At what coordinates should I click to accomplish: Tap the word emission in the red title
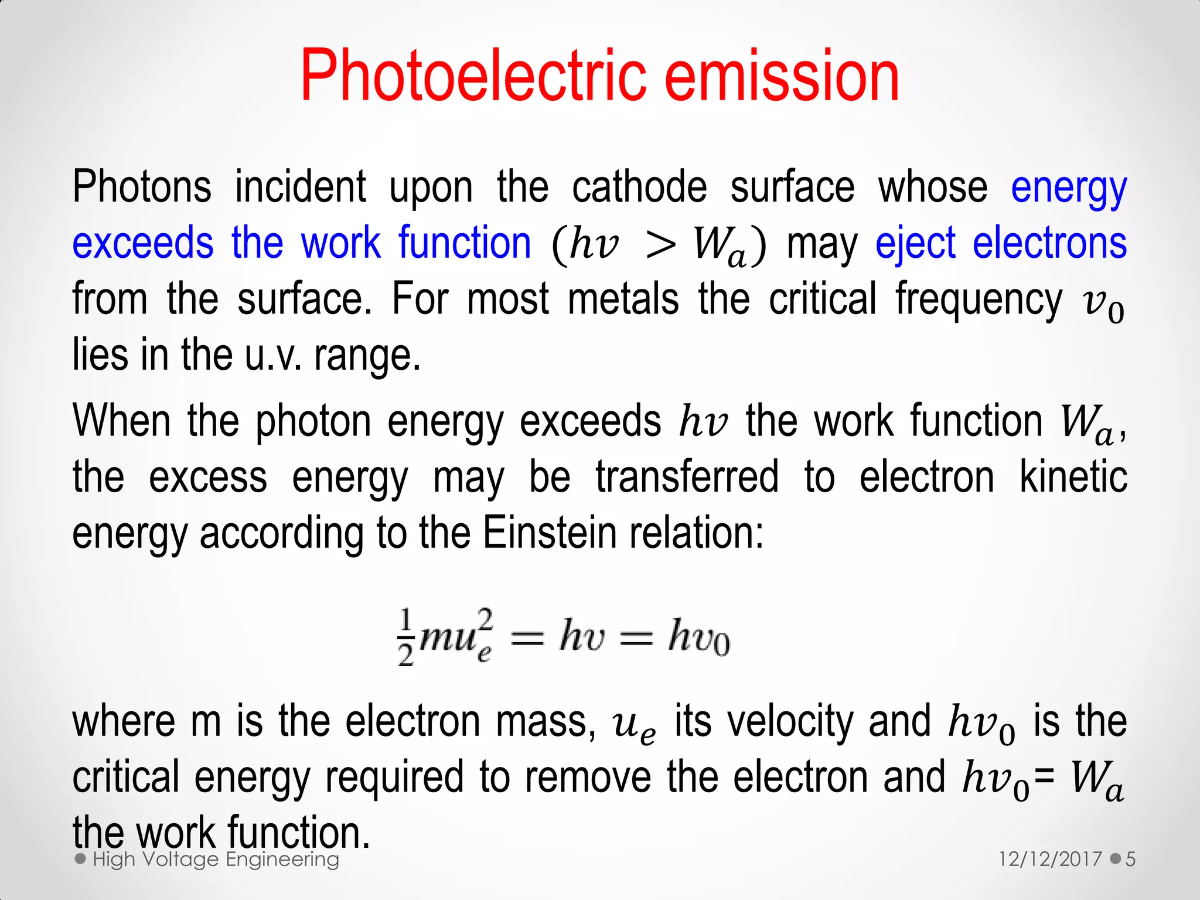pos(782,76)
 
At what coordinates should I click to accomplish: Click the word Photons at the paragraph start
pos(142,187)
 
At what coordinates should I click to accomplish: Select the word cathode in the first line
pos(639,187)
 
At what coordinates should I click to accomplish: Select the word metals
pos(623,299)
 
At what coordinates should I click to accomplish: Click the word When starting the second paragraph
pos(121,421)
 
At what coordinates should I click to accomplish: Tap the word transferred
pos(687,478)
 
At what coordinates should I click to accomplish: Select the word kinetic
pos(1073,478)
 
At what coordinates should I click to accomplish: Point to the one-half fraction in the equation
pos(406,637)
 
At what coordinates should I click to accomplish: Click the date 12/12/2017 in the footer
pos(1050,860)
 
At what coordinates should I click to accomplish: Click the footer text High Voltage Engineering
pos(216,860)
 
